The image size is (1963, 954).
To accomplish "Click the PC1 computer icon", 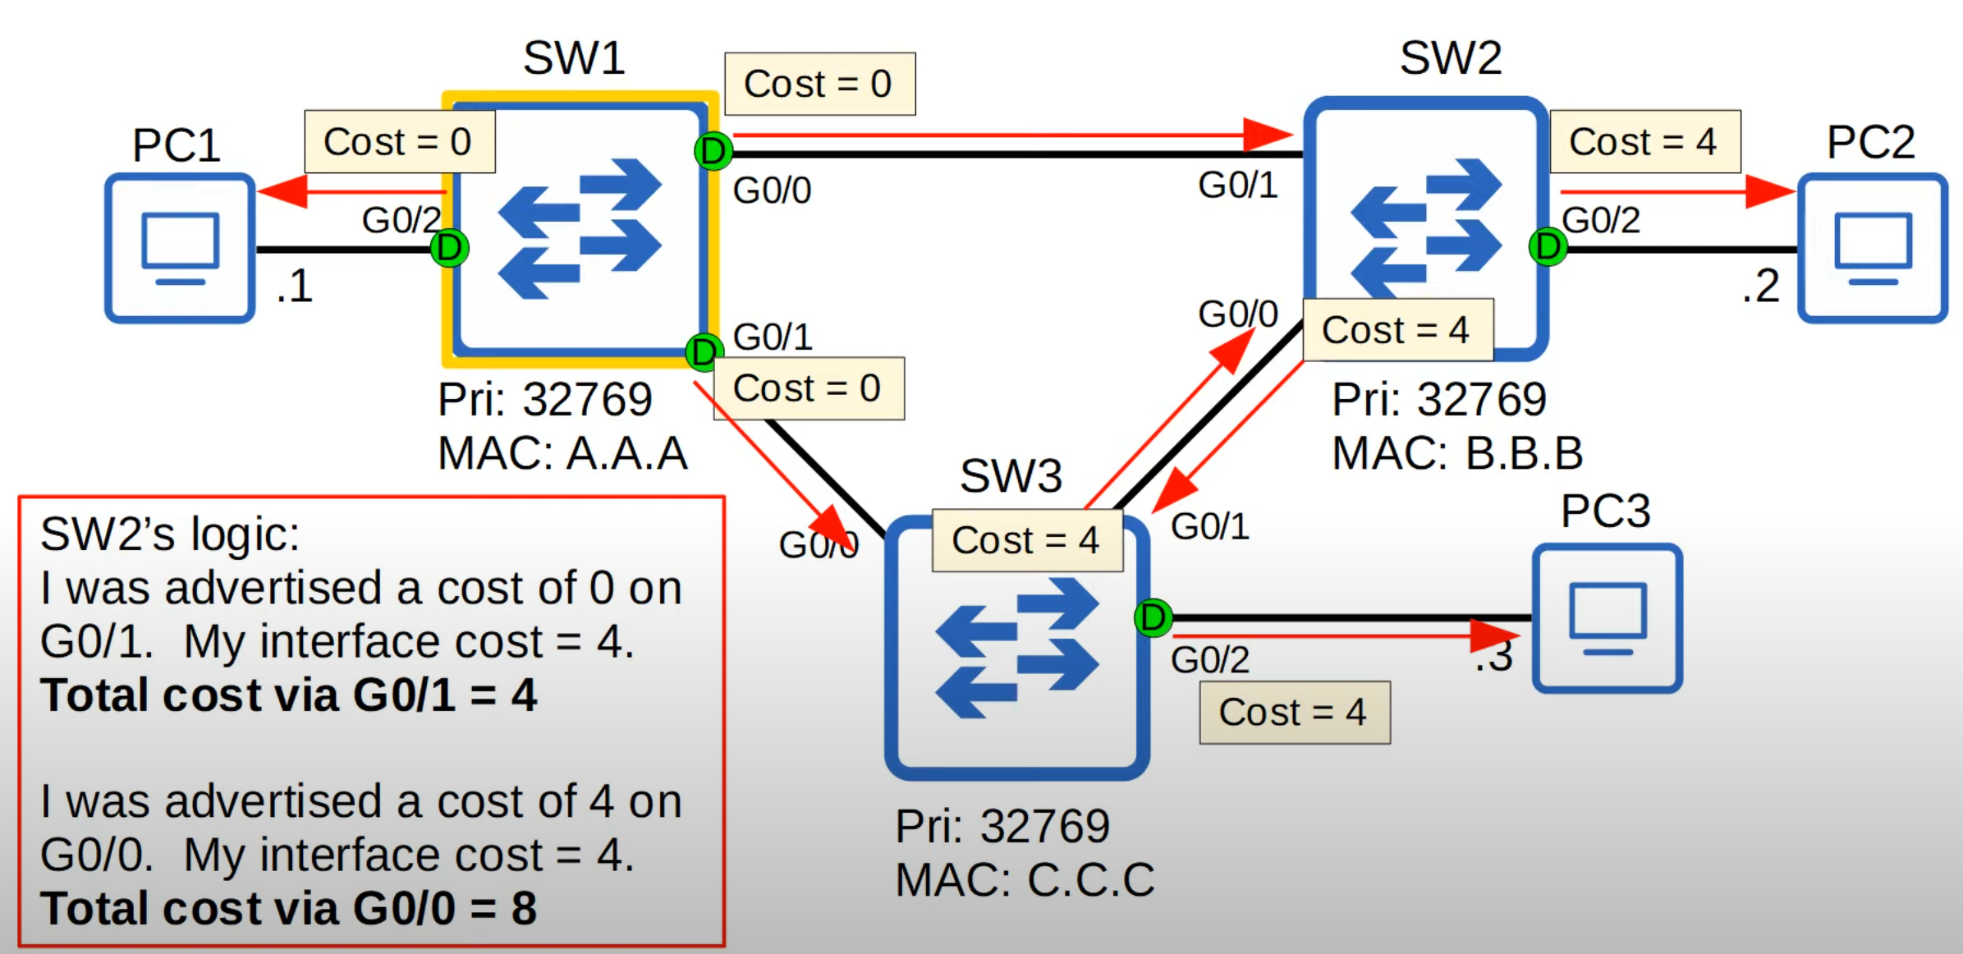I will click(x=180, y=247).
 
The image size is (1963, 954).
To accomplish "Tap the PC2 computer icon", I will click(x=1873, y=247).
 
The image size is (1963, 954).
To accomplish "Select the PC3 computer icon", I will click(x=1607, y=617).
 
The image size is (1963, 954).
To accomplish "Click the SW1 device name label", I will click(x=574, y=58).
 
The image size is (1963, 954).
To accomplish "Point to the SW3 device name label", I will click(x=1011, y=476).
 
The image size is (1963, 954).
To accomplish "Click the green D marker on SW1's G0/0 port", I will click(x=713, y=151).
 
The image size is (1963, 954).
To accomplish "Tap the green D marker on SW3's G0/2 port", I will click(x=1153, y=617).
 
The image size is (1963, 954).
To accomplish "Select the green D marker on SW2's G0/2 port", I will click(x=1548, y=245).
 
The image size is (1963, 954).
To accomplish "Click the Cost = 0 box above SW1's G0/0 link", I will click(x=819, y=84).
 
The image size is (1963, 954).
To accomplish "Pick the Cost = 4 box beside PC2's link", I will click(x=1644, y=141).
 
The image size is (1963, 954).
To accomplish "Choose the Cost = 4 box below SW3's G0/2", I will click(x=1294, y=712).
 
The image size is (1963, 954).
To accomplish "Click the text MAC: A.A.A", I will click(x=562, y=453).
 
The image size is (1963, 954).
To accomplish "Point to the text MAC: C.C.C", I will click(x=1025, y=880).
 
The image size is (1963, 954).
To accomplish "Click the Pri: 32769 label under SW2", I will click(x=1438, y=400).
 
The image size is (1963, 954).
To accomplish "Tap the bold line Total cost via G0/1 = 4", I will click(x=289, y=695).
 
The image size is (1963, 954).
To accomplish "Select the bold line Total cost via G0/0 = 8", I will click(x=289, y=909).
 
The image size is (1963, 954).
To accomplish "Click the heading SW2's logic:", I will click(x=170, y=534).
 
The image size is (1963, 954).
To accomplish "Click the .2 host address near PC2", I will click(x=1760, y=287).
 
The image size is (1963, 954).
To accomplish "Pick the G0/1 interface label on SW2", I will click(x=1237, y=186).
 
